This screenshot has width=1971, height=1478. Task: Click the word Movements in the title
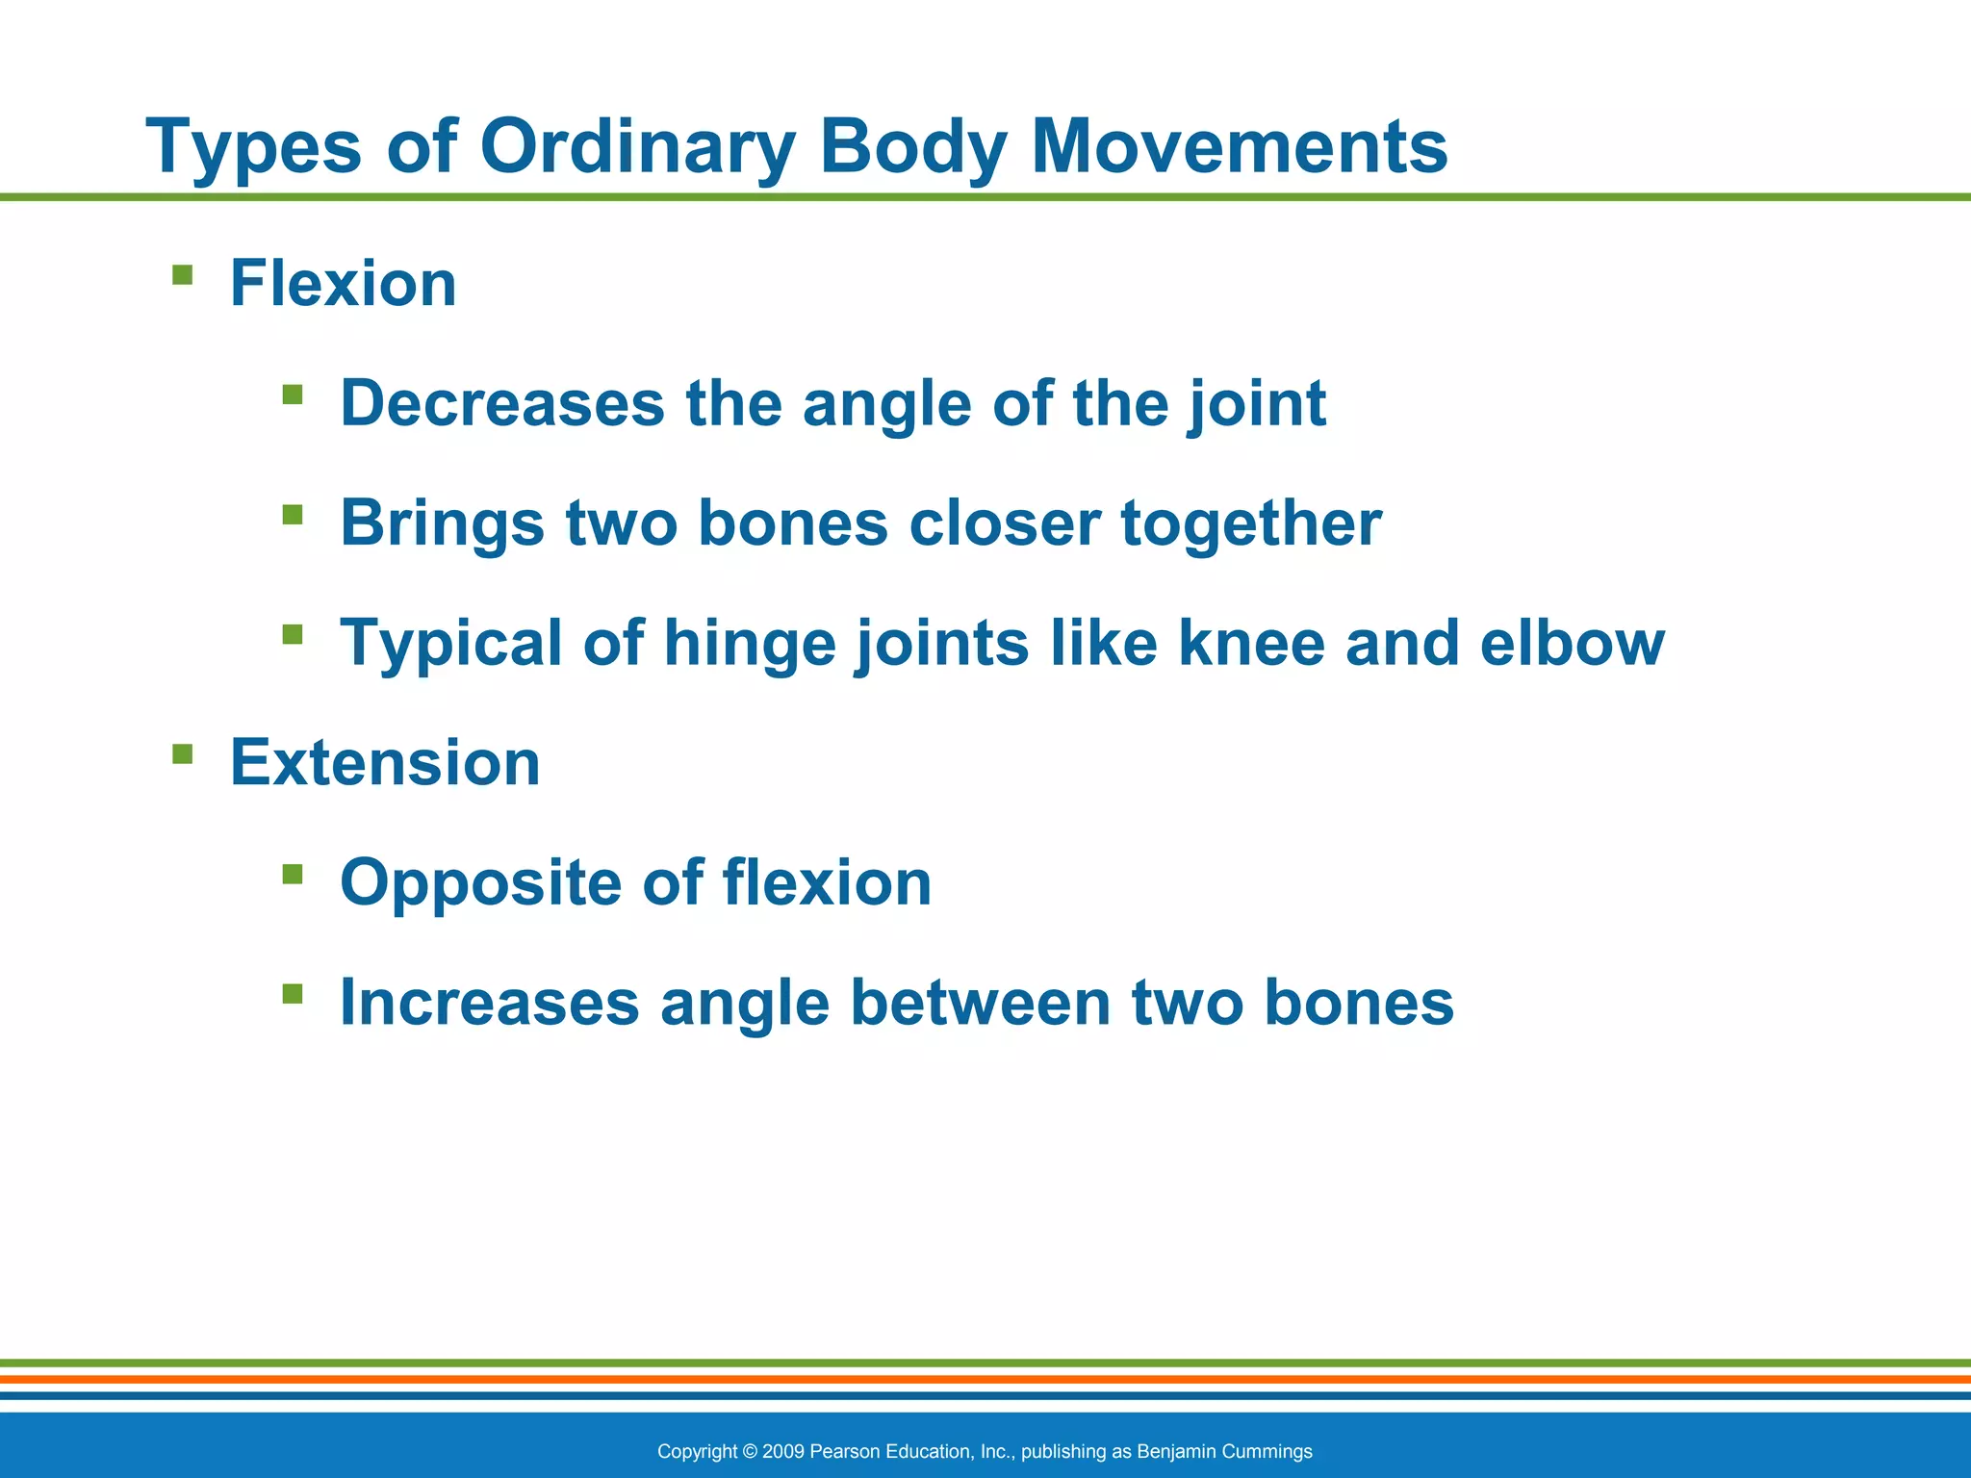tap(1239, 146)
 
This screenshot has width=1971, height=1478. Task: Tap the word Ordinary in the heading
tap(637, 146)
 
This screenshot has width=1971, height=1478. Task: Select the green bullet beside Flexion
tap(182, 276)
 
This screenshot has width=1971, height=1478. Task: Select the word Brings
tap(442, 524)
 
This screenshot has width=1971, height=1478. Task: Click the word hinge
tap(749, 643)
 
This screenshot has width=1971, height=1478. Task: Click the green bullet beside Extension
tap(182, 752)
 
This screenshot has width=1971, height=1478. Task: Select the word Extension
tap(385, 762)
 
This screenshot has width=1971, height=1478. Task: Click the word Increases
tap(489, 1003)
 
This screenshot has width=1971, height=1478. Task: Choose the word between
tap(980, 1003)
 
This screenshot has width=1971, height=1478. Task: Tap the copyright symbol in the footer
tap(751, 1451)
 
